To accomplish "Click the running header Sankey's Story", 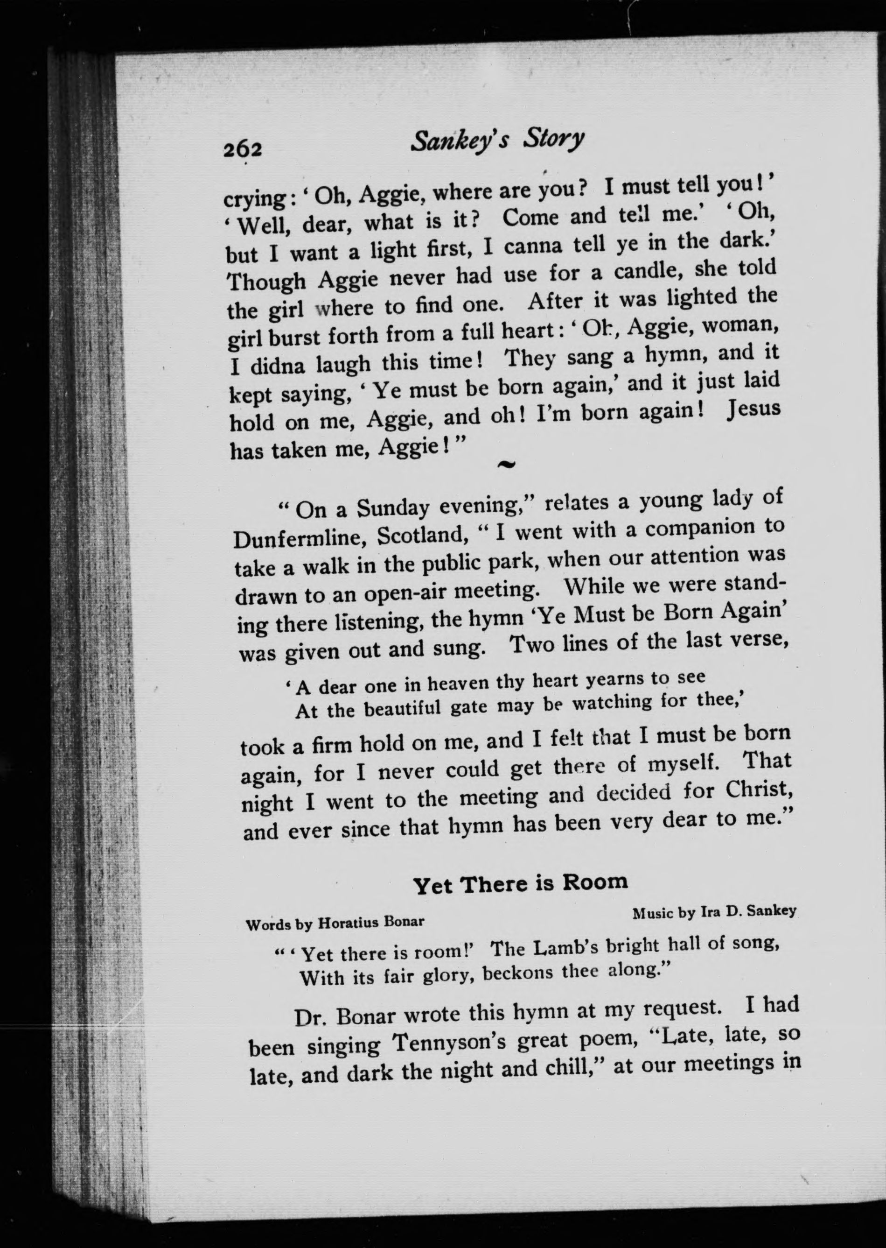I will [497, 141].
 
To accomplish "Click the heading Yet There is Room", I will [521, 883].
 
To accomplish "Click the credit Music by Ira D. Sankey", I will [714, 912].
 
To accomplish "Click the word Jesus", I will [753, 410].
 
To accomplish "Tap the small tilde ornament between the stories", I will [506, 464].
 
